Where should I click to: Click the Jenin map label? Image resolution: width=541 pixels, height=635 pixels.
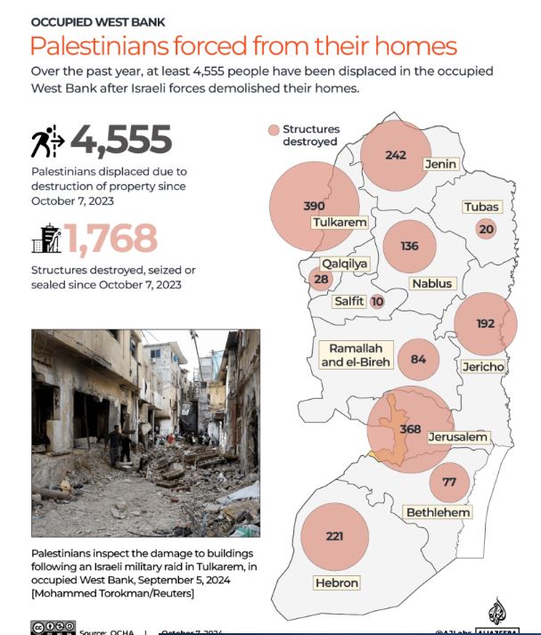(x=440, y=164)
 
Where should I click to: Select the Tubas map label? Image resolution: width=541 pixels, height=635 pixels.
(x=481, y=208)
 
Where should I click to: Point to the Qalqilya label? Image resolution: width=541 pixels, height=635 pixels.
(x=345, y=264)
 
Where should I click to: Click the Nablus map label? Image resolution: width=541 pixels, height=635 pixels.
(x=433, y=284)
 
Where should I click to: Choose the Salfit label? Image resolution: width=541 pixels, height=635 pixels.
(x=348, y=301)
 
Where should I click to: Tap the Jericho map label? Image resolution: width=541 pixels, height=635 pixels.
(x=483, y=367)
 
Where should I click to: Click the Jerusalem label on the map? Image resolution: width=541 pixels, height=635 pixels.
(x=457, y=437)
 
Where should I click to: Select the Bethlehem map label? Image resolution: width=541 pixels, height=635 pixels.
(x=438, y=512)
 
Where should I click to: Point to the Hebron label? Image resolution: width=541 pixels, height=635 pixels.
(x=336, y=583)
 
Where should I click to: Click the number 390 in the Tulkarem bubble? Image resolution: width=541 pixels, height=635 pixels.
(x=314, y=206)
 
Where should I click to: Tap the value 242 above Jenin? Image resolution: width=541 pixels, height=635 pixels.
(x=396, y=155)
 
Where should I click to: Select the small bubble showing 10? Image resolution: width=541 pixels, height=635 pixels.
(x=377, y=302)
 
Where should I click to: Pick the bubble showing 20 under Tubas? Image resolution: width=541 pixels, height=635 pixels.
(x=486, y=229)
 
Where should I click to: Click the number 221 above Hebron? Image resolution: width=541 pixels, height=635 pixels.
(x=334, y=536)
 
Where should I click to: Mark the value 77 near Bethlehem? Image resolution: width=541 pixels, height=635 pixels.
(x=449, y=482)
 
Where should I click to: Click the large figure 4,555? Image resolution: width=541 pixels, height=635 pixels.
(x=121, y=140)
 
